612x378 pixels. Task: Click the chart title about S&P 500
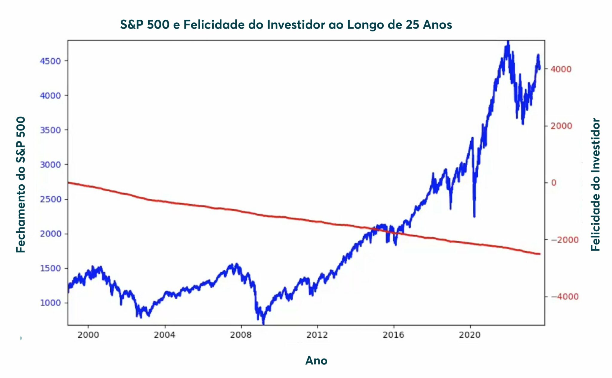pos(286,25)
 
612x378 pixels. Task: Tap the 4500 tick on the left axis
pos(51,61)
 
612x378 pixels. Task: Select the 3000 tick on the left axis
pos(51,165)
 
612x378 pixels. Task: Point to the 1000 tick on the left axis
pos(51,303)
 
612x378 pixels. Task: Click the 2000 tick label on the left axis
pos(51,234)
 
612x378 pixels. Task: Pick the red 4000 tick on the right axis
pos(561,69)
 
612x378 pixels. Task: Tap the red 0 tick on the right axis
pos(554,183)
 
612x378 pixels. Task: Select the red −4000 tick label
pos(565,297)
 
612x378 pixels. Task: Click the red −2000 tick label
pos(565,240)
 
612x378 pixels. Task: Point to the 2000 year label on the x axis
pos(88,335)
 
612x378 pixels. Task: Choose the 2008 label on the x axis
pos(241,335)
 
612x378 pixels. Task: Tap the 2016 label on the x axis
pos(394,335)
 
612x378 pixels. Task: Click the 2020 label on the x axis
pos(470,335)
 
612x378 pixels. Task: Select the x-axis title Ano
pos(316,361)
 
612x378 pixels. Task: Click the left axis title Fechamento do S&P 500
pos(21,184)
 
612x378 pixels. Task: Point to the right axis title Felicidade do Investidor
pos(596,184)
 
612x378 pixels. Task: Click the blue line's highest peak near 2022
pos(508,42)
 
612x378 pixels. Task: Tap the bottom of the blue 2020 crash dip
pos(474,216)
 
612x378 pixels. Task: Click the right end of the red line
pos(539,254)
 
